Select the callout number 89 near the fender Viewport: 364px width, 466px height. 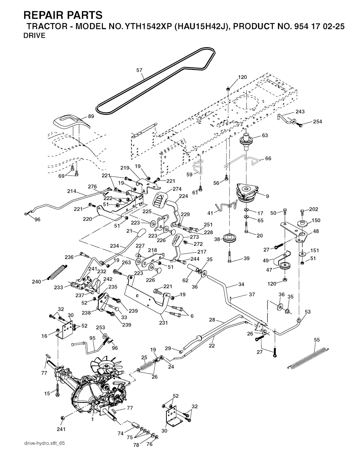[x=91, y=116]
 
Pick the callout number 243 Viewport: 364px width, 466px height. [x=300, y=112]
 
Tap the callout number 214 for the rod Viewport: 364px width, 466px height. [x=72, y=191]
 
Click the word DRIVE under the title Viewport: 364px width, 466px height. [x=34, y=36]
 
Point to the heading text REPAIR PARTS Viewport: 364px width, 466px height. [x=63, y=15]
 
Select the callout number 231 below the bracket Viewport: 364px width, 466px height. [x=163, y=323]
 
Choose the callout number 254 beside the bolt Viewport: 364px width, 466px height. [x=317, y=122]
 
